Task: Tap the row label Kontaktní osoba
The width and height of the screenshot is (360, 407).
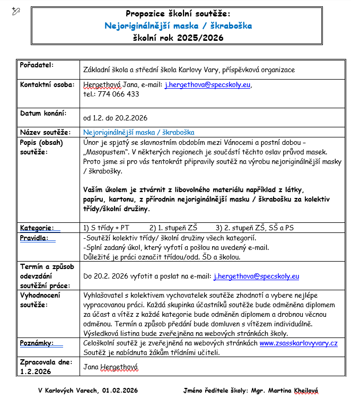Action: point(47,84)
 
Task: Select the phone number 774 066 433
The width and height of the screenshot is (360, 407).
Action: point(118,94)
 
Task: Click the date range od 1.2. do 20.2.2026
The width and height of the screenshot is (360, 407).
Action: point(115,118)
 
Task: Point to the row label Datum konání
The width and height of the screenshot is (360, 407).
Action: point(43,114)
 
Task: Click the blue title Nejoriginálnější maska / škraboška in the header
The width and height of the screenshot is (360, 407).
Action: point(178,25)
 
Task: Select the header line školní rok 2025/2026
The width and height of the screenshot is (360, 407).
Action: point(178,38)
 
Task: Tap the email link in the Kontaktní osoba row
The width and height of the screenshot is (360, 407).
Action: point(208,84)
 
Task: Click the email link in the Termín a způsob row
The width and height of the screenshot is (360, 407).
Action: point(256,276)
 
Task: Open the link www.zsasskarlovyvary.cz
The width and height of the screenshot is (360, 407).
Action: point(298,343)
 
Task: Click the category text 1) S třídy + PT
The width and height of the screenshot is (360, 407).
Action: point(107,228)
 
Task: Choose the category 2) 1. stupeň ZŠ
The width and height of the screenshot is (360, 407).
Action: point(173,228)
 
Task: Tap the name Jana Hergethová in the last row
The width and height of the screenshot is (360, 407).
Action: point(111,366)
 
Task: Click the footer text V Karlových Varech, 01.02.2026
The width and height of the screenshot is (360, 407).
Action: point(88,391)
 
